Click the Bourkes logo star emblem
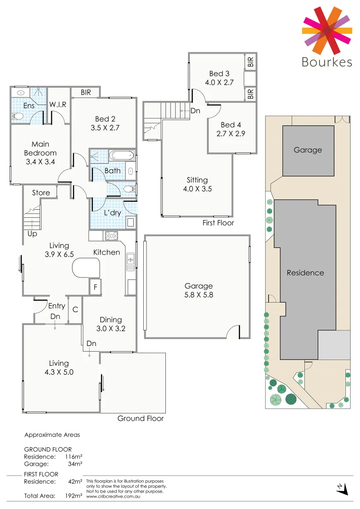327,30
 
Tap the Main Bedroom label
41,148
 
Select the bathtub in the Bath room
122,156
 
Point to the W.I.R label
57,104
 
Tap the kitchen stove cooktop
111,236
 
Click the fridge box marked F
96,287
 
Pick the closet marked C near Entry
75,310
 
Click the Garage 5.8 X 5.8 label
198,290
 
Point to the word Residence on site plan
305,272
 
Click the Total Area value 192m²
74,496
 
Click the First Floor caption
218,222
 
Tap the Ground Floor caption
140,418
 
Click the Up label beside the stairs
32,234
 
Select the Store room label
41,193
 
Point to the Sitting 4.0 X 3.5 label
197,184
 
